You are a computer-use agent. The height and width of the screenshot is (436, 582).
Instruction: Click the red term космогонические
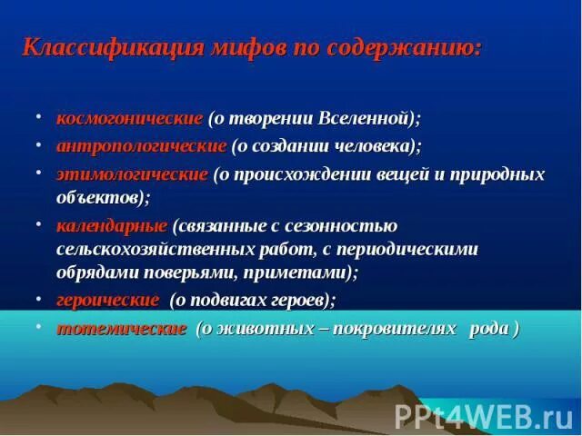(129, 119)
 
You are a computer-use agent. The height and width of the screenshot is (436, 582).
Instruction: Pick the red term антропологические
(141, 145)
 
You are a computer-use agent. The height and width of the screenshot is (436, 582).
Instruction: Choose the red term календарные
(112, 225)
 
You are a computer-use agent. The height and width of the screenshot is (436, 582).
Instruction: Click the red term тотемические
(122, 328)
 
